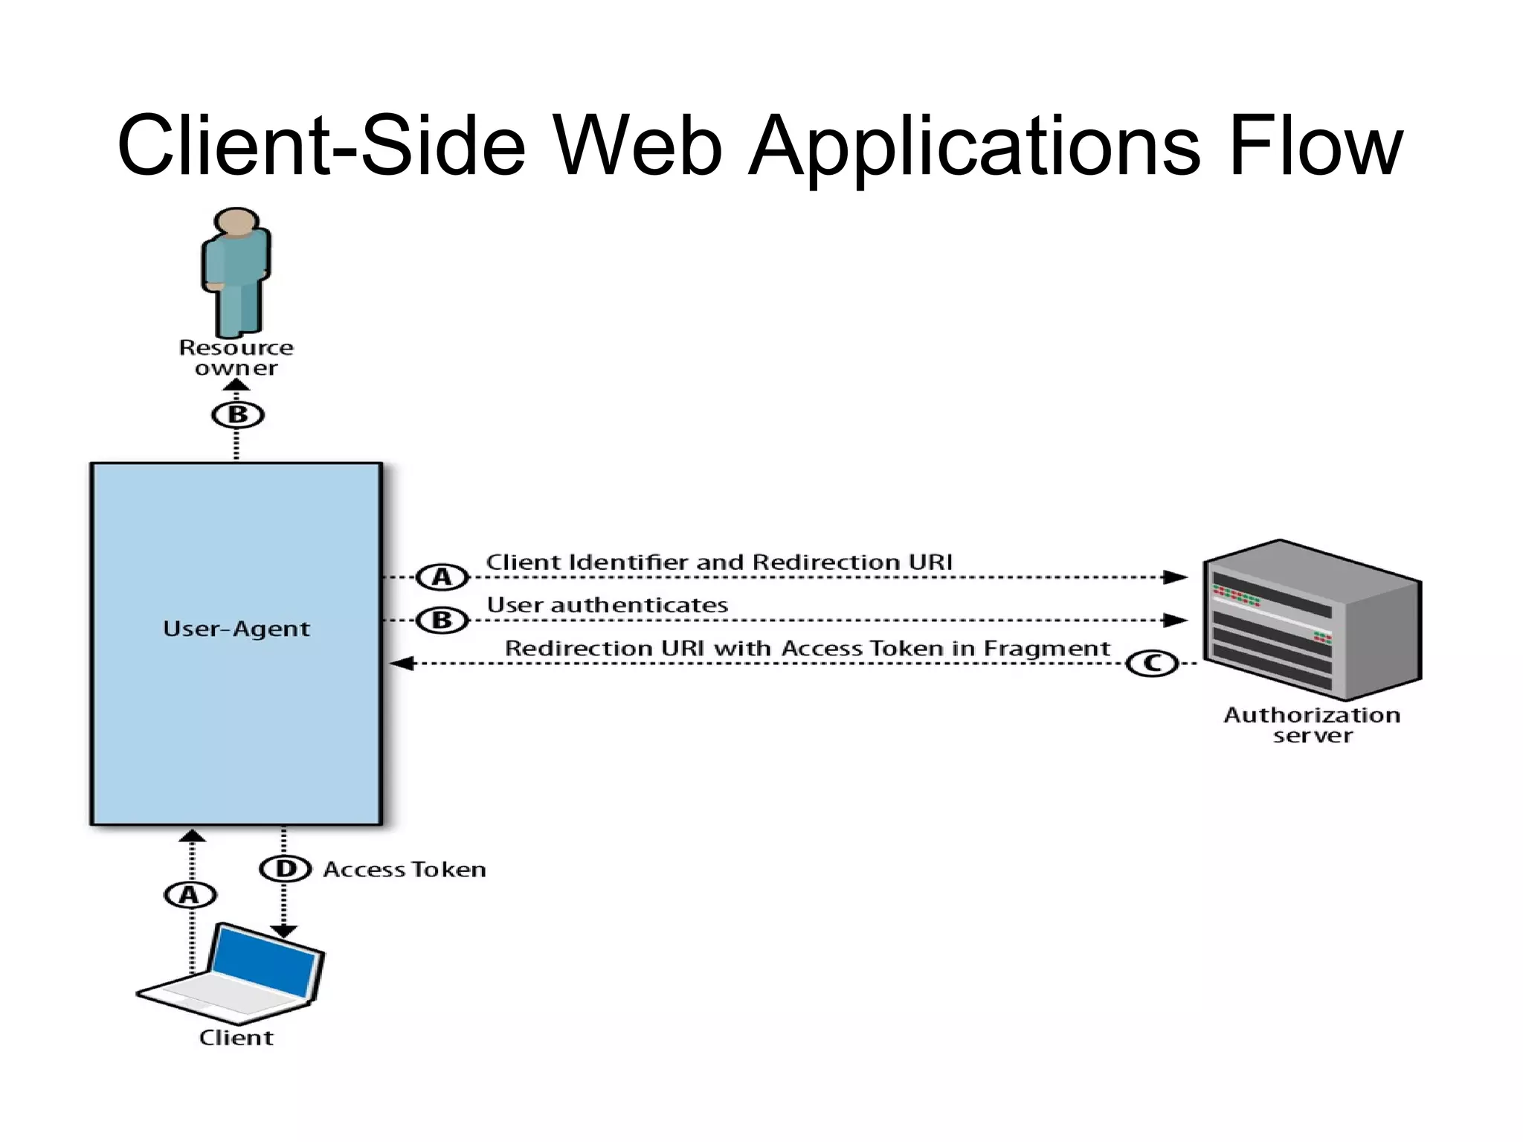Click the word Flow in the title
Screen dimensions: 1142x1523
pyautogui.click(x=1315, y=146)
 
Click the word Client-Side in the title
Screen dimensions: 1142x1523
pyautogui.click(x=321, y=146)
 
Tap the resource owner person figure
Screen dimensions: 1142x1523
pyautogui.click(x=236, y=272)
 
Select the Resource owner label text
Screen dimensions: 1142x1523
pyautogui.click(x=236, y=358)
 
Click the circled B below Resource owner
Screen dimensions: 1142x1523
pyautogui.click(x=238, y=414)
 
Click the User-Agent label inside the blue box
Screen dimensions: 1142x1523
pyautogui.click(x=236, y=629)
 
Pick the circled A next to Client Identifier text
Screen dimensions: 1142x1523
pyautogui.click(x=442, y=577)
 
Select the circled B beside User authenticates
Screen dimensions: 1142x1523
pyautogui.click(x=442, y=620)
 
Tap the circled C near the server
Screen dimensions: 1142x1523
pyautogui.click(x=1152, y=663)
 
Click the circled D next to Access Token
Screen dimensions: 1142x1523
pyautogui.click(x=286, y=869)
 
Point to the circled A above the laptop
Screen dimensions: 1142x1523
pyautogui.click(x=190, y=894)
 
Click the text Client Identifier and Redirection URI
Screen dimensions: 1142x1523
pyautogui.click(x=719, y=562)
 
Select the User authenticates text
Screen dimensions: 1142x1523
pyautogui.click(x=608, y=606)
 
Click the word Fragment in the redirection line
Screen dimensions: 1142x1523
pyautogui.click(x=1046, y=649)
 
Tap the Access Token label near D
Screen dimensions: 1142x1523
pyautogui.click(x=405, y=870)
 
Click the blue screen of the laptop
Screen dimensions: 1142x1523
pyautogui.click(x=265, y=961)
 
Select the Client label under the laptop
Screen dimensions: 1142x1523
pyautogui.click(x=236, y=1038)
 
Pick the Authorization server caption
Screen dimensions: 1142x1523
pyautogui.click(x=1312, y=725)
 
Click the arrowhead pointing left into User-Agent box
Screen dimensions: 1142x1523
pyautogui.click(x=402, y=663)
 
